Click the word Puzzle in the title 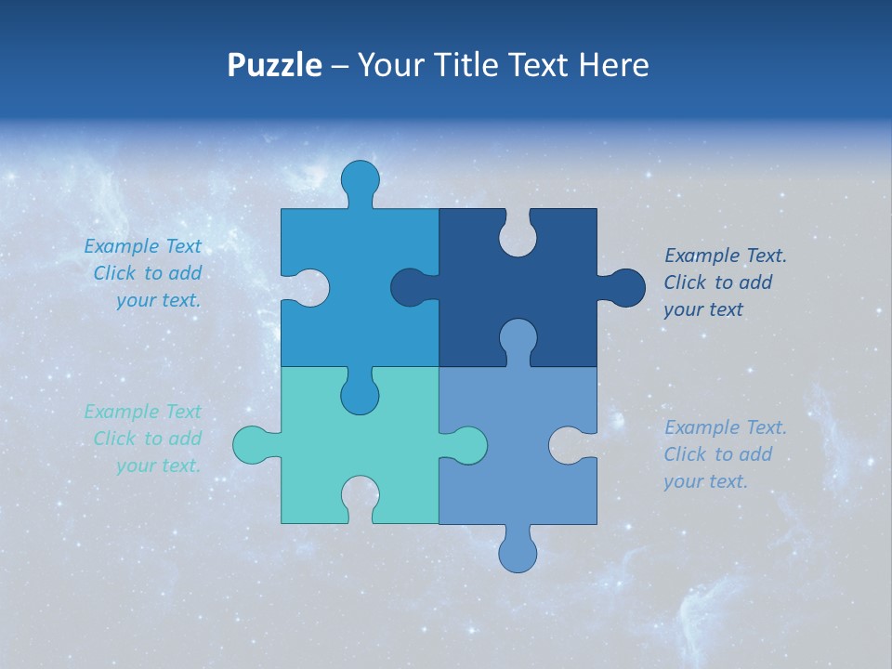point(274,66)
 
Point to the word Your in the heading point(388,65)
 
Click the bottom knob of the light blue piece point(518,552)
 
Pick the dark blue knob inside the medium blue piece point(410,288)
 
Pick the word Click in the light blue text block point(684,454)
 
